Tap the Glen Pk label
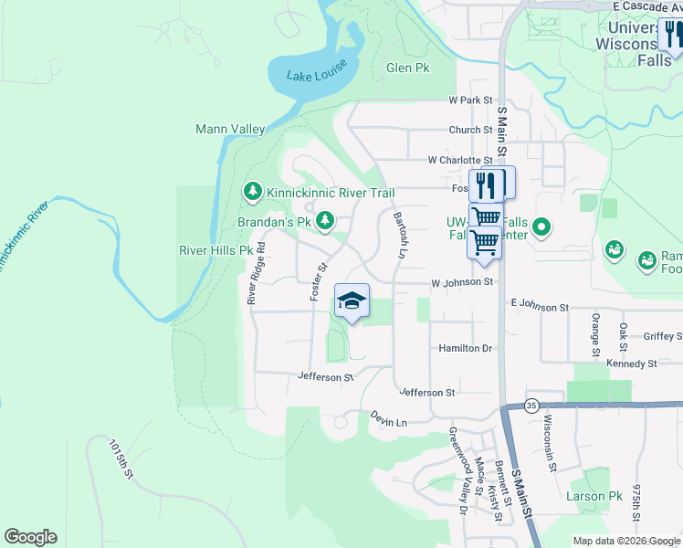pyautogui.click(x=407, y=68)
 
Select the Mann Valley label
pyautogui.click(x=230, y=130)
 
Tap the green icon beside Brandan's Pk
pyautogui.click(x=324, y=221)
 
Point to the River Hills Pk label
pyautogui.click(x=215, y=250)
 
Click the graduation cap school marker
pyautogui.click(x=352, y=300)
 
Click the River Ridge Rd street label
pyautogui.click(x=255, y=273)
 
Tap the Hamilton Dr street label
pyautogui.click(x=465, y=349)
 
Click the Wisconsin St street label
pyautogui.click(x=550, y=444)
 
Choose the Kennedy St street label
pyautogui.click(x=632, y=364)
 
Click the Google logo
pyautogui.click(x=30, y=537)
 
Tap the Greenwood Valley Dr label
pyautogui.click(x=456, y=474)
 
